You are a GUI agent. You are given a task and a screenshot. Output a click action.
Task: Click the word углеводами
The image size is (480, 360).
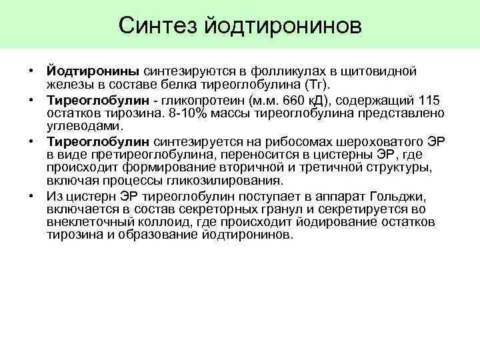85,126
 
